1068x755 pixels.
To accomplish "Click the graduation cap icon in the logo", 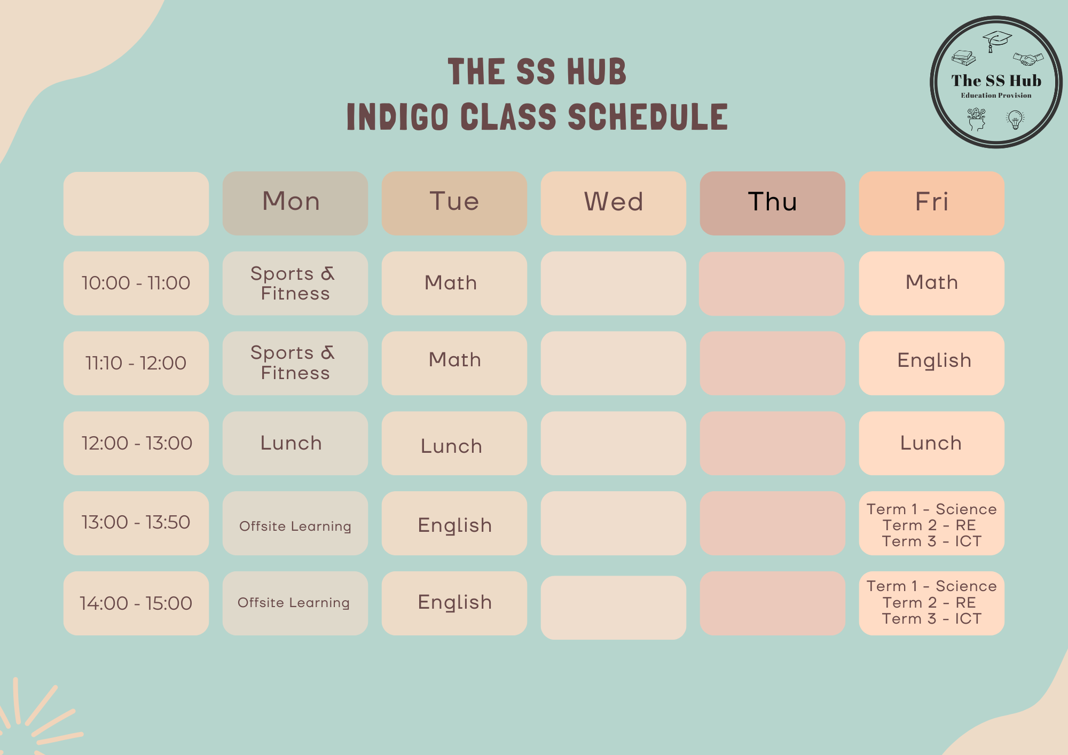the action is (997, 41).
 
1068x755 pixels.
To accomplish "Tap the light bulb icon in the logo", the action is (1015, 120).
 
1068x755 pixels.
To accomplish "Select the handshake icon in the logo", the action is (1028, 59).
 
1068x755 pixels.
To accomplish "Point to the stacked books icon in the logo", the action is (964, 58).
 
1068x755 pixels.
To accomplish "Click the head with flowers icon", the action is (977, 120).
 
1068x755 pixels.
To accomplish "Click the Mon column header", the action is (295, 203).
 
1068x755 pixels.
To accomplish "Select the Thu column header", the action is (773, 203).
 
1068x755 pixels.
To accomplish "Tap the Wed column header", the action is (614, 203).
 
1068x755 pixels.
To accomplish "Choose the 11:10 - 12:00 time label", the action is (136, 363).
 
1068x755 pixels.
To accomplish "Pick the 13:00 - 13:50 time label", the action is (136, 523).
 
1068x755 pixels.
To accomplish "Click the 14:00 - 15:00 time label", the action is (136, 603).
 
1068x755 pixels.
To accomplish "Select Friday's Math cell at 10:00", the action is (932, 283).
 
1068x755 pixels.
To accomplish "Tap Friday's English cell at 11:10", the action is (932, 363).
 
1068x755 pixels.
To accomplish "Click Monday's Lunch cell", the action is (295, 443).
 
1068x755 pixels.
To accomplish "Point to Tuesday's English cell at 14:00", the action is (454, 603).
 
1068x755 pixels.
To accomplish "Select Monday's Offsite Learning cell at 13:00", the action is (295, 523).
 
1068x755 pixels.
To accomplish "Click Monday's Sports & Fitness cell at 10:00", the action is (295, 283).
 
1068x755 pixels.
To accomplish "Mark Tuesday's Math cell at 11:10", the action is (454, 363).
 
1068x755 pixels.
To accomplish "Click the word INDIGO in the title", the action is (398, 117).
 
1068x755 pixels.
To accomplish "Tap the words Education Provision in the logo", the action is (996, 96).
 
